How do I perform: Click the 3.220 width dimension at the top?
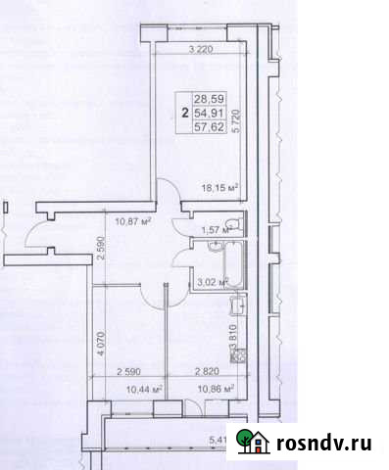pyautogui.click(x=201, y=47)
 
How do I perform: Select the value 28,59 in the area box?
pyautogui.click(x=208, y=99)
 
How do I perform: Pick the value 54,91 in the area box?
pyautogui.click(x=208, y=113)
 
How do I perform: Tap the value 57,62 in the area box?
pyautogui.click(x=208, y=126)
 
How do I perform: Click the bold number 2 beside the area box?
pyautogui.click(x=184, y=113)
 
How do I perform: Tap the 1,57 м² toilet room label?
pyautogui.click(x=214, y=230)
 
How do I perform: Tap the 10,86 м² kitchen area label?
pyautogui.click(x=215, y=390)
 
